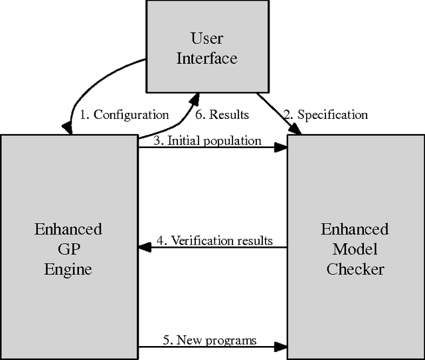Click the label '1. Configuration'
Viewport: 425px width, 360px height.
tap(124, 115)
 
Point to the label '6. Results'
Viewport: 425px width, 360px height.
tap(222, 115)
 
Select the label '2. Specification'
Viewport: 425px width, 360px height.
tap(325, 115)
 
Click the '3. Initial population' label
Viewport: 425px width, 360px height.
tap(207, 141)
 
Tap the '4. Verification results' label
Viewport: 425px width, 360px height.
tap(214, 240)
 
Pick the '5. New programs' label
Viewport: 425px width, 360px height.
tap(209, 340)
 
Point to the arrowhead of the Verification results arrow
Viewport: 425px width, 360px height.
tap(143, 248)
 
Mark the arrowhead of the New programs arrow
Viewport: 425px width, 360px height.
tap(282, 347)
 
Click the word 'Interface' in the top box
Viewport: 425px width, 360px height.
tap(206, 58)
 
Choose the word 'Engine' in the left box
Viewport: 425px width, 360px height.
tap(68, 269)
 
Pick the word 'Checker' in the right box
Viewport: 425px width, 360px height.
tap(355, 269)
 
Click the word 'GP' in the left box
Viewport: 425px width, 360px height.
tap(68, 249)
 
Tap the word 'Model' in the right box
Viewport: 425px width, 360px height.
tap(355, 249)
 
